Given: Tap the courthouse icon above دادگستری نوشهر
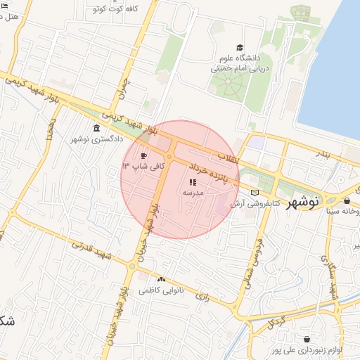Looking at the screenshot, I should pyautogui.click(x=96, y=128).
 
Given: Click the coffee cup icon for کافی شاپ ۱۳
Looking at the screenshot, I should pyautogui.click(x=144, y=155).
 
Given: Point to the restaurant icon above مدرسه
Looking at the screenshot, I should pyautogui.click(x=193, y=182).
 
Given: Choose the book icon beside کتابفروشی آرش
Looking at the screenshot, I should pyautogui.click(x=255, y=192).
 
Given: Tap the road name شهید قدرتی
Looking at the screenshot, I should pyautogui.click(x=91, y=250).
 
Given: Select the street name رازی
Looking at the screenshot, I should pyautogui.click(x=203, y=297).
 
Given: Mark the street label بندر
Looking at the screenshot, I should pyautogui.click(x=321, y=153).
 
